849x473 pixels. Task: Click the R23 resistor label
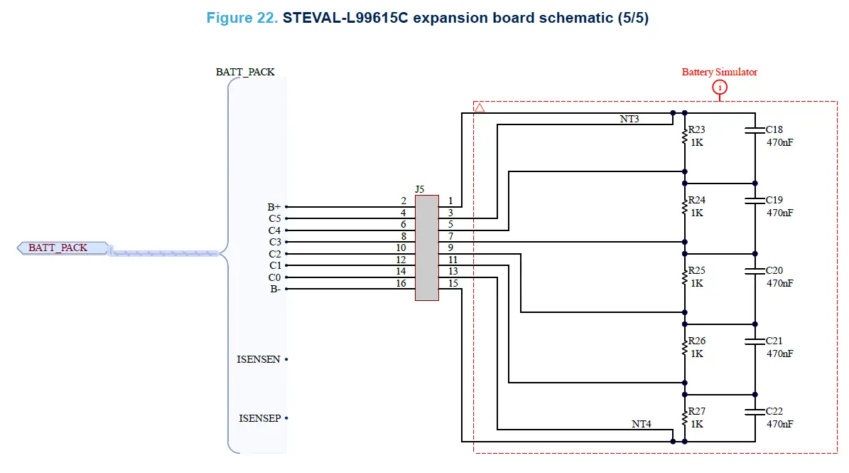[696, 130]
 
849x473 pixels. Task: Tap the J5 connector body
[427, 248]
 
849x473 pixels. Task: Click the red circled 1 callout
[720, 87]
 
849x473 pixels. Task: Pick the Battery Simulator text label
[719, 72]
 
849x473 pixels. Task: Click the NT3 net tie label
[629, 119]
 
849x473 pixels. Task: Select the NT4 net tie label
[642, 424]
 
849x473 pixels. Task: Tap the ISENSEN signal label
[258, 360]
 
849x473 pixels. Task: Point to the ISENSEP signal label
[259, 419]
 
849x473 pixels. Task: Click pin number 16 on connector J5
[401, 284]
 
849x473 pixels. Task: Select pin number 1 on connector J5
[450, 202]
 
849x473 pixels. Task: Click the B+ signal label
[274, 207]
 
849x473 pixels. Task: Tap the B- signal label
[275, 289]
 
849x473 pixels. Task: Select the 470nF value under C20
[779, 283]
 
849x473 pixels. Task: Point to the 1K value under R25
[696, 283]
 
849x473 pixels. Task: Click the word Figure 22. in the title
[242, 18]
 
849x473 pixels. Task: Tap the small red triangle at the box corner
[480, 108]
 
